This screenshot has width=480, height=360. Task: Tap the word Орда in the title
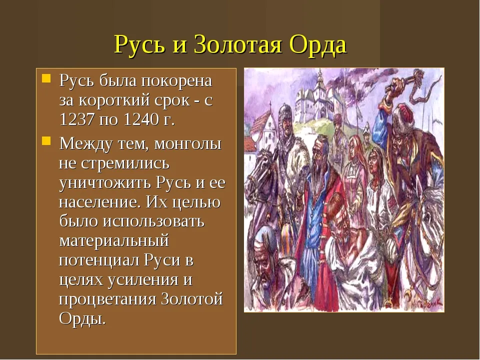(318, 44)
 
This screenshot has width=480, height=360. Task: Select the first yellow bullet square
(46, 78)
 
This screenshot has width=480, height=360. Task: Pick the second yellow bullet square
(46, 141)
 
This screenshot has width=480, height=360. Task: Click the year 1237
(76, 119)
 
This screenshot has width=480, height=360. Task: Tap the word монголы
(187, 143)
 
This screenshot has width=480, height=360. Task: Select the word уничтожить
(105, 183)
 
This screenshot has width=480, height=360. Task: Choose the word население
(99, 202)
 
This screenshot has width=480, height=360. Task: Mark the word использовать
(153, 221)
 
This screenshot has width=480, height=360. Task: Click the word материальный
(114, 241)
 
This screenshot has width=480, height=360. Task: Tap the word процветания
(107, 299)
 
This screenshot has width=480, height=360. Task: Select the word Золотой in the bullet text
(192, 299)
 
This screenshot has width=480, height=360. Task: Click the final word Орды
(82, 318)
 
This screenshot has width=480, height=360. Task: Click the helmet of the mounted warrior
(285, 111)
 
